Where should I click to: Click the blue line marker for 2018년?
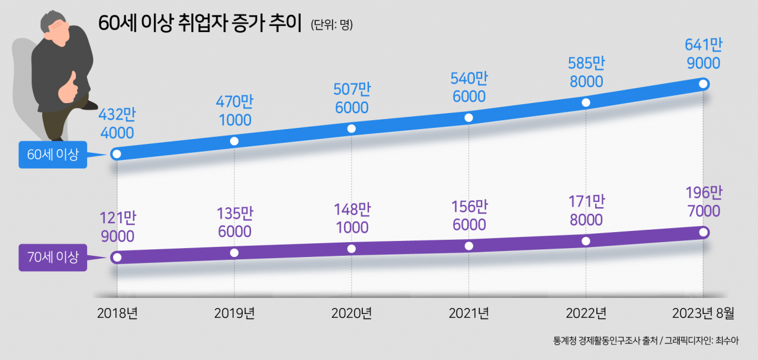[117, 155]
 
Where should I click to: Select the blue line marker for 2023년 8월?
[703, 83]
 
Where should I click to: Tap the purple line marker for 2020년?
[352, 249]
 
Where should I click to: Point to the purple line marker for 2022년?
[586, 241]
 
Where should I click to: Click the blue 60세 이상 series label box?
[53, 155]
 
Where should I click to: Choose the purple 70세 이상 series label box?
[53, 258]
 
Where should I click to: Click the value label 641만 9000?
[704, 54]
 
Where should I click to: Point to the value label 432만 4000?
[117, 124]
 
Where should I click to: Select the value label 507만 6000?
[352, 98]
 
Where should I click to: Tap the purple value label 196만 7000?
[704, 202]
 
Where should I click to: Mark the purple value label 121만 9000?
[118, 227]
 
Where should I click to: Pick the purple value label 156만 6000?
[470, 216]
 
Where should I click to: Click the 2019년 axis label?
[234, 313]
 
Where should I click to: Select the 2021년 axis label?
[468, 313]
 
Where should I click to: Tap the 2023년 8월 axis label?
[703, 313]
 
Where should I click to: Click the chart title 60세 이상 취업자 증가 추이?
[200, 23]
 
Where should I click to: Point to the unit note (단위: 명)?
[332, 24]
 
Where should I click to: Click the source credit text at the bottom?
[645, 340]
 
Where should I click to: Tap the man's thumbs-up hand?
[68, 87]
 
